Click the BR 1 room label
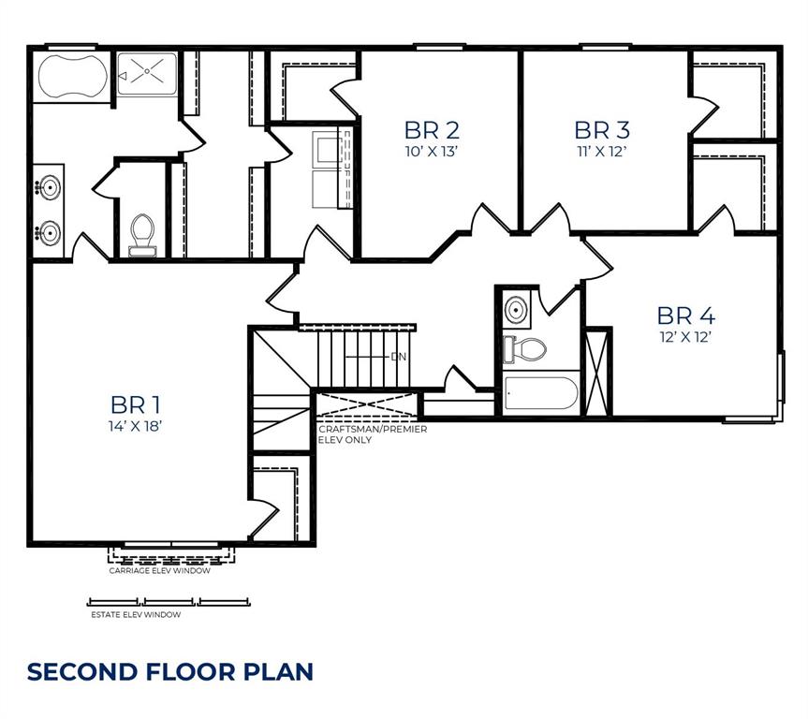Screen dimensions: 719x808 tap(136, 404)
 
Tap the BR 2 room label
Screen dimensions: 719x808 tap(432, 129)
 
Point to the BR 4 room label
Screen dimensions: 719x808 tap(685, 315)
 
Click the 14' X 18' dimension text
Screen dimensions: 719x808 tap(136, 426)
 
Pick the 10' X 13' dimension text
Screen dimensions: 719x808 tap(432, 150)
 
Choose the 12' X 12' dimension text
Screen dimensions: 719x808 tap(685, 337)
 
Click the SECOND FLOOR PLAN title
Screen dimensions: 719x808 tap(169, 671)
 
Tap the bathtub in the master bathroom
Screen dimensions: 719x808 tap(70, 76)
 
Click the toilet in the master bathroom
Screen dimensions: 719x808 tap(142, 233)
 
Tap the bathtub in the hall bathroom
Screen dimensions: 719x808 tap(540, 393)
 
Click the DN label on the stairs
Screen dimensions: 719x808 tap(399, 357)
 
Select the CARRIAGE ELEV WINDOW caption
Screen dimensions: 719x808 tap(160, 570)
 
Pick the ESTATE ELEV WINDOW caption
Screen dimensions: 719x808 tap(136, 615)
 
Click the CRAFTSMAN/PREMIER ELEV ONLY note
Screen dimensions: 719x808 tap(373, 433)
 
